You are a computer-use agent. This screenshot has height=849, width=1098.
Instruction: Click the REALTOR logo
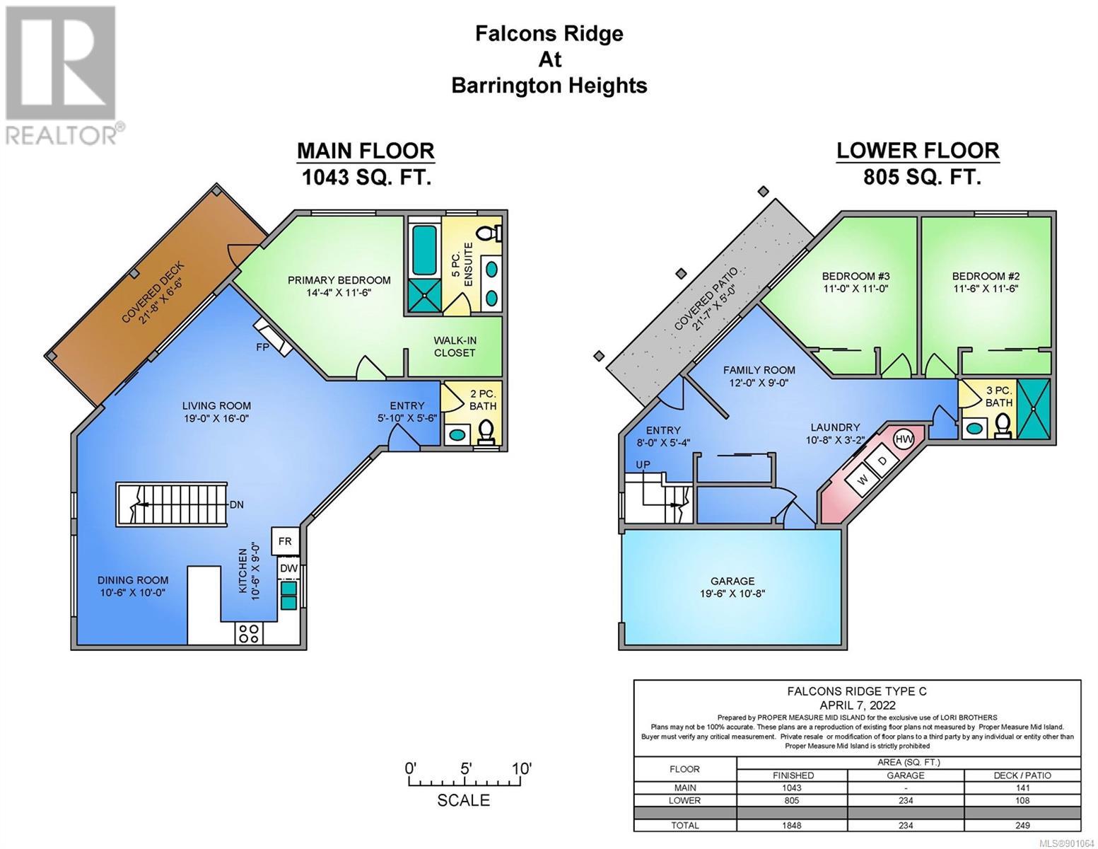click(x=62, y=75)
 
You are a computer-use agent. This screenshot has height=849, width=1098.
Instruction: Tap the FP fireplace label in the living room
click(x=262, y=347)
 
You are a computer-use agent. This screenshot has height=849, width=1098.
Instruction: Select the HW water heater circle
click(x=904, y=439)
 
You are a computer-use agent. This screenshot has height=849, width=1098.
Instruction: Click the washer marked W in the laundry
click(x=863, y=480)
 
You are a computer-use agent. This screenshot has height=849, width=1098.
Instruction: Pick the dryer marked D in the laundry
click(x=883, y=460)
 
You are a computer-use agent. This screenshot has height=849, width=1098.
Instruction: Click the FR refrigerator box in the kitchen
click(x=285, y=541)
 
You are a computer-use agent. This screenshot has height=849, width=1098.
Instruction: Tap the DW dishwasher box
click(x=288, y=568)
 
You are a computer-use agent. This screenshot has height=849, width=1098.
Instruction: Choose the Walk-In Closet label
click(x=455, y=347)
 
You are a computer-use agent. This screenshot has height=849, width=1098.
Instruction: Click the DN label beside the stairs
click(x=236, y=504)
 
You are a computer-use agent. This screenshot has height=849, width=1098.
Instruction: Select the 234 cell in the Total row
click(x=906, y=825)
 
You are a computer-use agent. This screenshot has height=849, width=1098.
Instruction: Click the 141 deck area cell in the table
click(x=1022, y=788)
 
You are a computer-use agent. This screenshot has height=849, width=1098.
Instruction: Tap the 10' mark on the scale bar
click(x=522, y=769)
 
